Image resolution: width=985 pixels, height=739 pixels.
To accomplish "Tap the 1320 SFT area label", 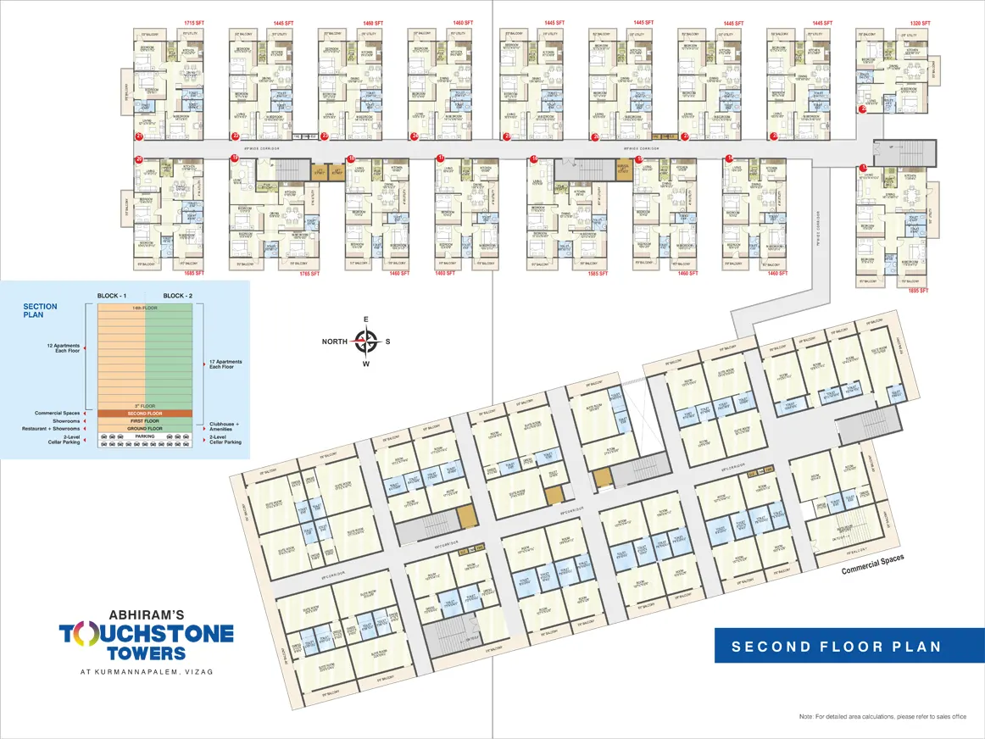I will click(x=920, y=23).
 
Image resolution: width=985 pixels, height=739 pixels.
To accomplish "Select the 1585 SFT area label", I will click(x=598, y=274).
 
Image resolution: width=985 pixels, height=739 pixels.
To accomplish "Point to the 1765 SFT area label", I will click(x=308, y=274).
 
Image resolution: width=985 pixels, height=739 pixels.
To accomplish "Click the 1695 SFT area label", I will click(x=920, y=291).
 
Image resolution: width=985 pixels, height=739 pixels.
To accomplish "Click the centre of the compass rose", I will click(x=365, y=342).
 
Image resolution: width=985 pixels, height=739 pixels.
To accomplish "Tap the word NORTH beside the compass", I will click(x=333, y=342).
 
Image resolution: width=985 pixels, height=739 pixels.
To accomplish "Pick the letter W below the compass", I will click(x=365, y=365).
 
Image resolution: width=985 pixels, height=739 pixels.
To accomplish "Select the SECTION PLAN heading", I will click(x=40, y=310).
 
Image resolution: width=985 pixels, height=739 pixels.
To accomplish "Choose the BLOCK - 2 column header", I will click(x=179, y=296).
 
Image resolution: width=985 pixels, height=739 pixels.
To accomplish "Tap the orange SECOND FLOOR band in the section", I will click(x=145, y=413).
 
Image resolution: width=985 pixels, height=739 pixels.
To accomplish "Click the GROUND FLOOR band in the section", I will click(x=145, y=429).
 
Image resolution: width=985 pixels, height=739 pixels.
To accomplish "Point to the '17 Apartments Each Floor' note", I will click(x=225, y=365).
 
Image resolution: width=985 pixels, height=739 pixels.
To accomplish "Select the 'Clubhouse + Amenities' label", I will click(x=225, y=425).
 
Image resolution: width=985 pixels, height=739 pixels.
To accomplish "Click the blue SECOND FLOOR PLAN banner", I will click(x=837, y=646).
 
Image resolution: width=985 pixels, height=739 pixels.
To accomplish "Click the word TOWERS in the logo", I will click(x=146, y=653).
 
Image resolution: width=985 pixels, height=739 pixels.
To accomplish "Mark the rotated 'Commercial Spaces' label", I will click(x=872, y=564).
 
